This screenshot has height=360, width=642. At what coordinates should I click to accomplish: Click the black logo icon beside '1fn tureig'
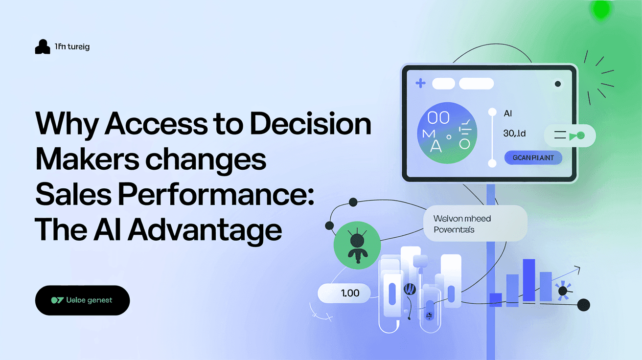tap(43, 47)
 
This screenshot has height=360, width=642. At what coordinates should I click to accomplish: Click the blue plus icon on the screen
tap(420, 84)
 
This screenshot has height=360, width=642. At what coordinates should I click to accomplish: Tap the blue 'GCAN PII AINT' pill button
tap(533, 158)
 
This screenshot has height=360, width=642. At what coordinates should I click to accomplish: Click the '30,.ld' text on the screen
tap(514, 133)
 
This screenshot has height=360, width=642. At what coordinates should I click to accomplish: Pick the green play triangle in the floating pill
tap(573, 136)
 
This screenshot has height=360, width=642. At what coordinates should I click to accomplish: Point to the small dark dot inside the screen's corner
tap(557, 84)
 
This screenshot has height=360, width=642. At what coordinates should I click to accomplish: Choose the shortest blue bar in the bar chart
tap(496, 299)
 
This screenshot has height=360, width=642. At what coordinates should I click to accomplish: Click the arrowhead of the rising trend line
tap(578, 269)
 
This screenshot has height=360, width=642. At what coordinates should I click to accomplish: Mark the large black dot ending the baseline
tap(583, 305)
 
